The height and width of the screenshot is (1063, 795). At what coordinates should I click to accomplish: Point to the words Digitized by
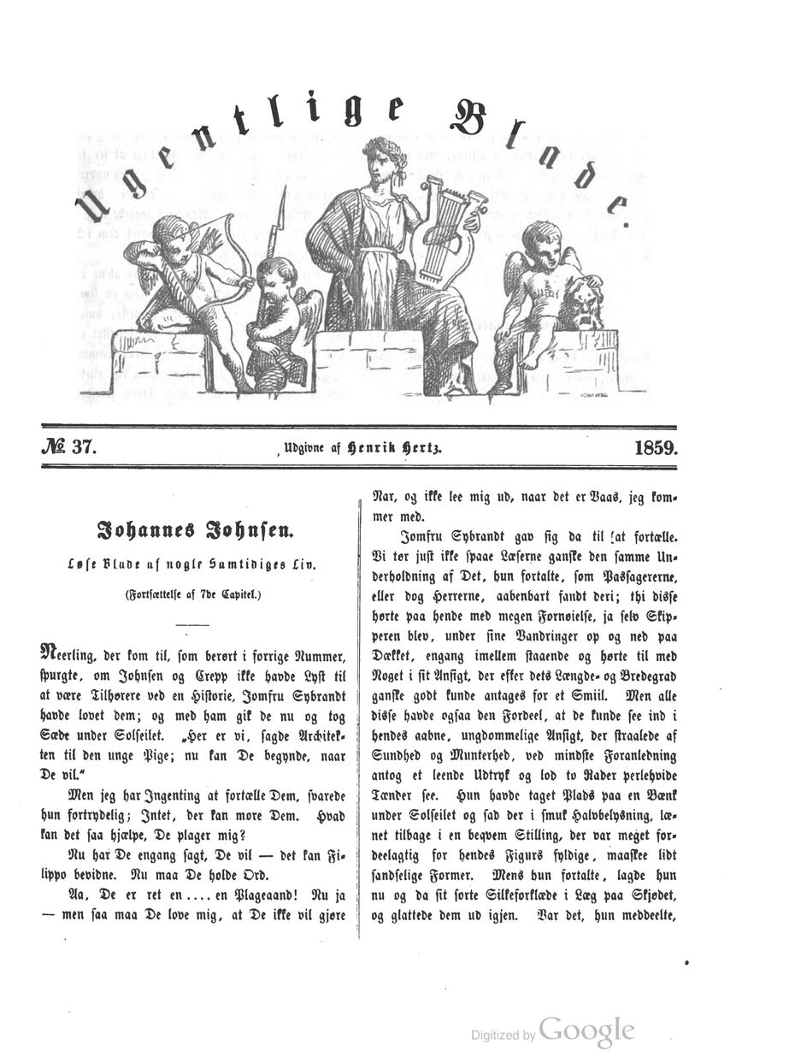point(503,1036)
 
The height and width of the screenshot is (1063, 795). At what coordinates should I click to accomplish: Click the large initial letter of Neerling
point(50,654)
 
